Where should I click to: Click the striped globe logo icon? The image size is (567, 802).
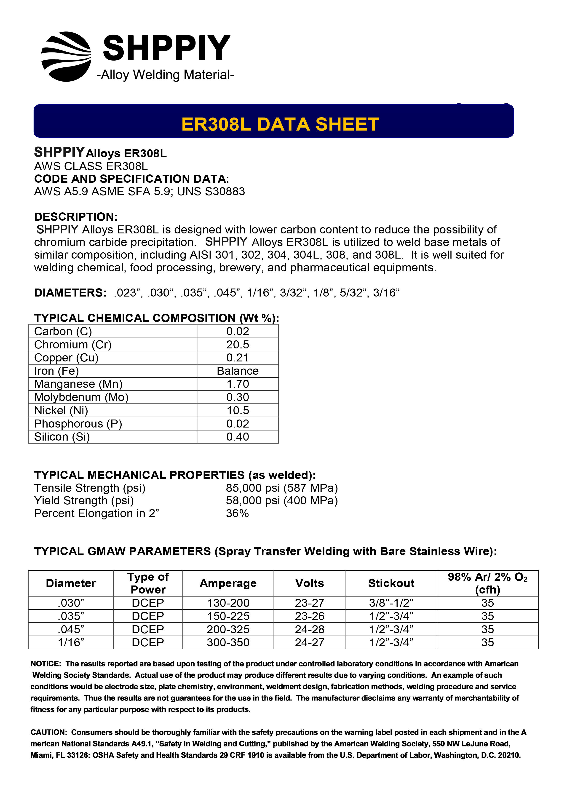pos(66,57)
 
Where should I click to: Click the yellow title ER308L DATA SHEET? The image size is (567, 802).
pos(280,124)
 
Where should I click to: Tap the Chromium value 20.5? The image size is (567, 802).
pos(238,345)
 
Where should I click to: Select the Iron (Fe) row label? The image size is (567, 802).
pos(57,371)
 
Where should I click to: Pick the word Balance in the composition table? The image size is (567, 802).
pos(238,371)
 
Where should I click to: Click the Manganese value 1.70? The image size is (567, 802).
pos(238,384)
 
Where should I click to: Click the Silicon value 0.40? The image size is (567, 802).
pos(238,437)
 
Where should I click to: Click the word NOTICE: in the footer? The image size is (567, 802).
pos(46,664)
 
